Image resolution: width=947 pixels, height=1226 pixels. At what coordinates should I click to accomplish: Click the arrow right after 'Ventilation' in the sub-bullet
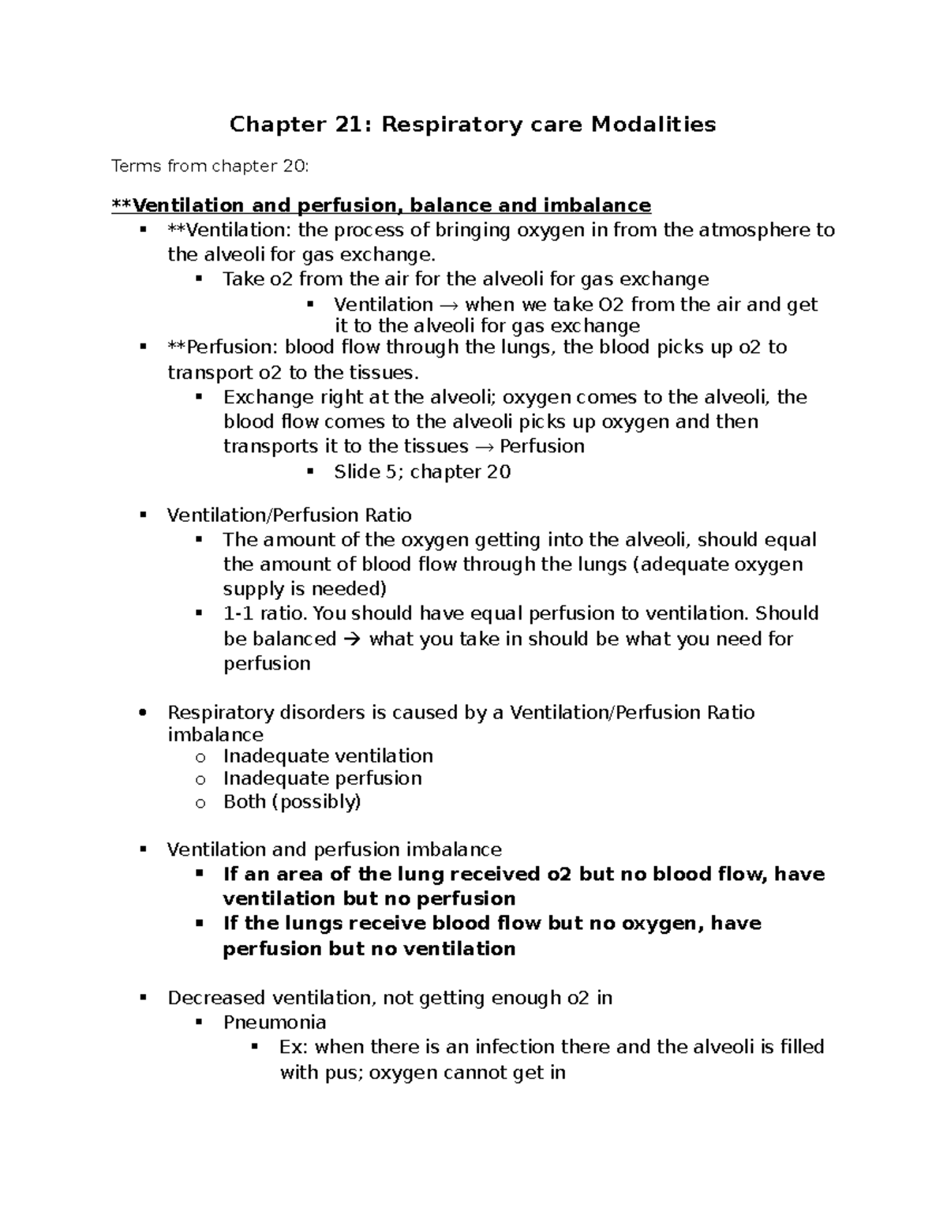449,305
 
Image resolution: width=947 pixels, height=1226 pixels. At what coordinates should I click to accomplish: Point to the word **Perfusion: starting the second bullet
223,347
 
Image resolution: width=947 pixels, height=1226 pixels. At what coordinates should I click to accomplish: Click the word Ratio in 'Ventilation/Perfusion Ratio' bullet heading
388,516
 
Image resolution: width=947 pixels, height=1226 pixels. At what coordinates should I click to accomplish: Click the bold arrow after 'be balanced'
352,639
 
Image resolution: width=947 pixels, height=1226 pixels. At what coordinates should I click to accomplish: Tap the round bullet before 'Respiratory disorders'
143,713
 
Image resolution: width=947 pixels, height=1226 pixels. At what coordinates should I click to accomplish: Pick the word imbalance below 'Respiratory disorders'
215,735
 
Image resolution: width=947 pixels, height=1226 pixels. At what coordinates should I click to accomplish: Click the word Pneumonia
275,1022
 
